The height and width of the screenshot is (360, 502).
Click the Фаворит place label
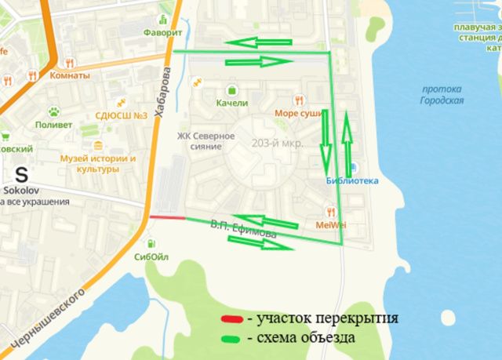(x=163, y=34)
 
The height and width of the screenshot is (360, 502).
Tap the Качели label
(x=231, y=103)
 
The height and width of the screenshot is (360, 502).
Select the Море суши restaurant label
(x=299, y=113)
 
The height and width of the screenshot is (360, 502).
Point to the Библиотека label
(x=352, y=180)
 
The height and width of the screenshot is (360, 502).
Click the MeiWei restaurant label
(x=332, y=225)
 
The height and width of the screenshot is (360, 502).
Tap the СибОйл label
(x=151, y=256)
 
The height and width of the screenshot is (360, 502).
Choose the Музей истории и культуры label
(x=98, y=163)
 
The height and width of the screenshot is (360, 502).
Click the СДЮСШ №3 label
(x=122, y=116)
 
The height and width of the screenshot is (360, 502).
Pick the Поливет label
(x=53, y=125)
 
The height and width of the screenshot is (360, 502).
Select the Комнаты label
(x=70, y=75)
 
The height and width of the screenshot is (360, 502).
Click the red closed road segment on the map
(x=167, y=217)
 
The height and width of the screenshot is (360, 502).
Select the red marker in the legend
(x=231, y=319)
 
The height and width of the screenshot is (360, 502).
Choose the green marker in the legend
(x=231, y=338)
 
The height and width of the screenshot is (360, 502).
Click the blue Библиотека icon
(x=353, y=167)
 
